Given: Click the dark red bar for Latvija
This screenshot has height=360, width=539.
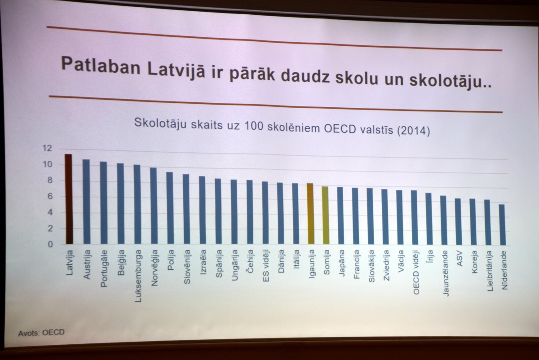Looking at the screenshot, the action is [x=69, y=199].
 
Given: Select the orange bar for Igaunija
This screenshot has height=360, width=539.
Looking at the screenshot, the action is [x=310, y=214].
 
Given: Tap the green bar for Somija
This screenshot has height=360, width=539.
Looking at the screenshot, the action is [x=325, y=215].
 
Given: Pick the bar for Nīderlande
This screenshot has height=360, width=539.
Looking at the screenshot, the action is [x=502, y=225].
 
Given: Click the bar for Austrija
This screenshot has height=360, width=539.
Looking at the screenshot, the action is [x=86, y=202].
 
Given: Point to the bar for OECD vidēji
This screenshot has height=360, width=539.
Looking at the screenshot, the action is [x=414, y=218].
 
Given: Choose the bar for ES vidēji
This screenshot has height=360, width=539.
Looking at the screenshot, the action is [x=265, y=213].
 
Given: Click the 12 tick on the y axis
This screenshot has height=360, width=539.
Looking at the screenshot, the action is [x=47, y=148].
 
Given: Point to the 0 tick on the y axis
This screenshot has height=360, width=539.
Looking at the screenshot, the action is [x=50, y=244].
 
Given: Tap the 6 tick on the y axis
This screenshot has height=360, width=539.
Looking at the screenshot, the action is [x=50, y=197].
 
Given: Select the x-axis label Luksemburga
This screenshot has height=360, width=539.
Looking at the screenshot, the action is [x=138, y=276].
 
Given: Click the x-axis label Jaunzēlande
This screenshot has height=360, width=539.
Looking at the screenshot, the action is [x=446, y=273].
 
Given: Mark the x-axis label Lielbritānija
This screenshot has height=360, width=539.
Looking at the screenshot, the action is [x=490, y=271].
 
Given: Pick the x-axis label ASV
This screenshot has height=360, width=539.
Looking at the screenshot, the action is [x=459, y=258].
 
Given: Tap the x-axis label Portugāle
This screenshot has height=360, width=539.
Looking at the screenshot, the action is [x=104, y=268].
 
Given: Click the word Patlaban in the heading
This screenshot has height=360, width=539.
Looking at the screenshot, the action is [x=101, y=66].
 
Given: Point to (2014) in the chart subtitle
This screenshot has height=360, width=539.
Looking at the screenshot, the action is [x=413, y=131].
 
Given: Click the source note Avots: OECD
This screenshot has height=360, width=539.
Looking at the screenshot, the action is [x=41, y=333].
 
